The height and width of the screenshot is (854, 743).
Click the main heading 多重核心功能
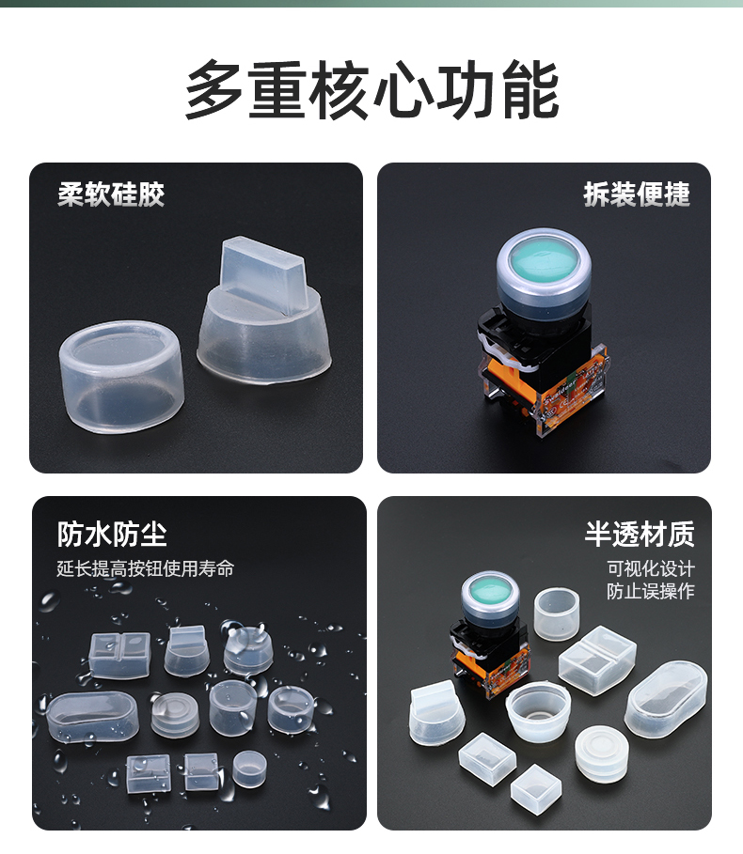[371, 90]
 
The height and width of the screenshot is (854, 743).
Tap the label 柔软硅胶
[111, 194]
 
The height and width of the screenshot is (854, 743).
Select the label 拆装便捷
[637, 194]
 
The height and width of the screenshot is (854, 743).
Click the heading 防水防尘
[112, 534]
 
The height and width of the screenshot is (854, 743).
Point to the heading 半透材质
[640, 534]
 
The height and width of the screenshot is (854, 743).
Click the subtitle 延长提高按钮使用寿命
[146, 568]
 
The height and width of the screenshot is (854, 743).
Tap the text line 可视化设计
[651, 568]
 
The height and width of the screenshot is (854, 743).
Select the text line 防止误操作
[651, 591]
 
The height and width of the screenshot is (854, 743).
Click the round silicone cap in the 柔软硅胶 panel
[121, 376]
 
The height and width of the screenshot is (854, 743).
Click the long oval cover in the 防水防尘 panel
[92, 716]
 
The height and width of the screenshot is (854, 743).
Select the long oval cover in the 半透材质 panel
[666, 699]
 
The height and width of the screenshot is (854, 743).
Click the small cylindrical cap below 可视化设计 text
[556, 613]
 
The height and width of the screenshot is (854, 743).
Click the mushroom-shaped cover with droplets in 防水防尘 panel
[248, 650]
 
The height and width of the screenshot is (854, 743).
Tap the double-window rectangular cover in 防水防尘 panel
[119, 655]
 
